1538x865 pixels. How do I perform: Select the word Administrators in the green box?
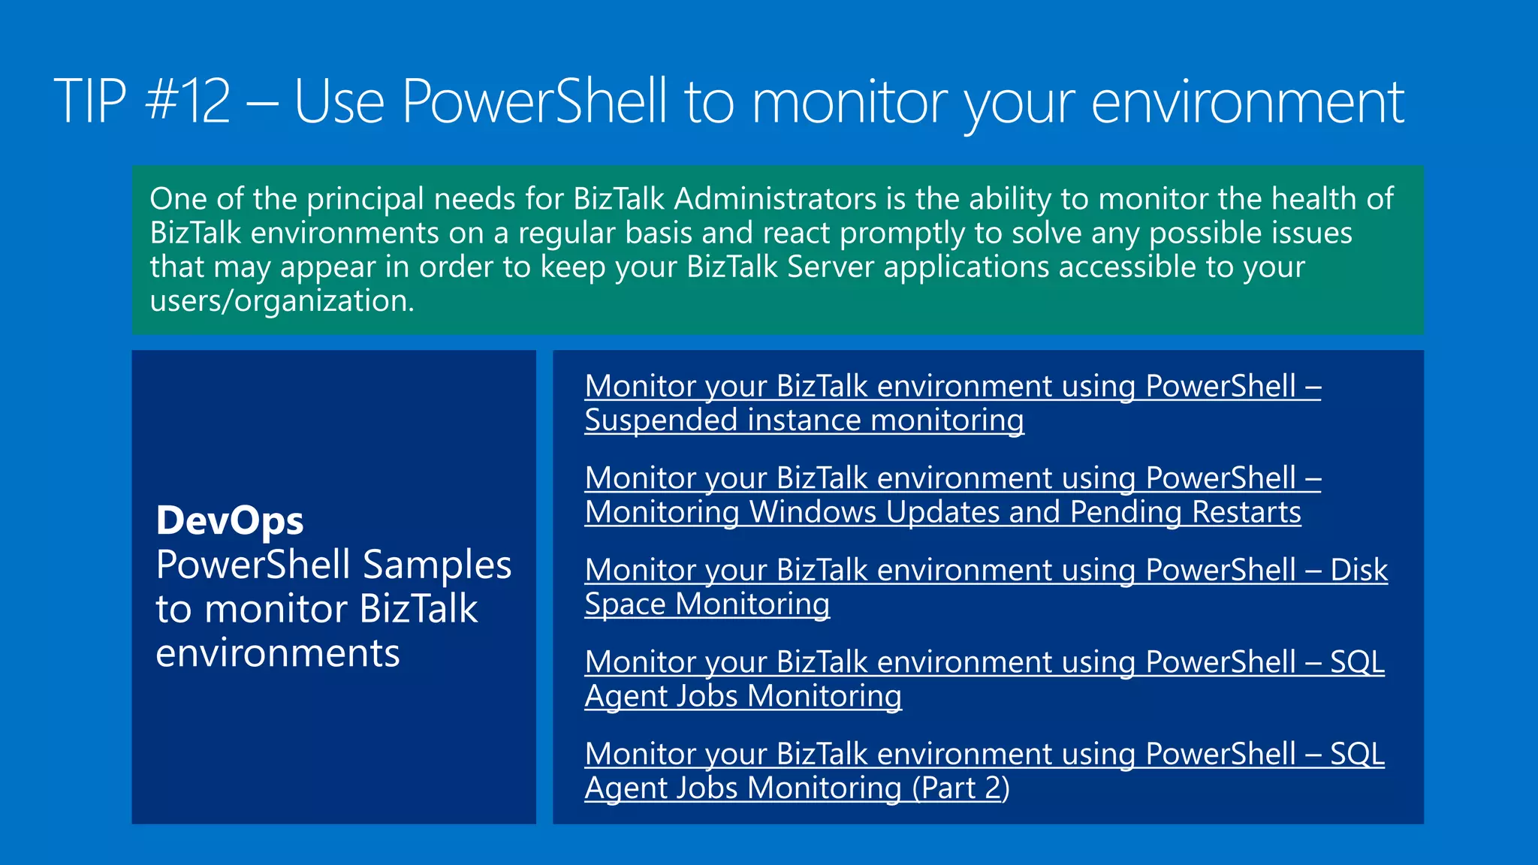pos(775,199)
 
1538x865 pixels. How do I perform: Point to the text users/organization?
pos(282,301)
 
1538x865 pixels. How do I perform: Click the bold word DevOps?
pos(230,520)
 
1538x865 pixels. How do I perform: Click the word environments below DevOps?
pos(278,653)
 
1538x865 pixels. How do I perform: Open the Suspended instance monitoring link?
pos(804,420)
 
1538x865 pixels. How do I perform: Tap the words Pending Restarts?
pos(1185,512)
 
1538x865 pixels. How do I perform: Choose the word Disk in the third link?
pos(1359,570)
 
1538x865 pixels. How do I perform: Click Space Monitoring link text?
pos(707,604)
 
